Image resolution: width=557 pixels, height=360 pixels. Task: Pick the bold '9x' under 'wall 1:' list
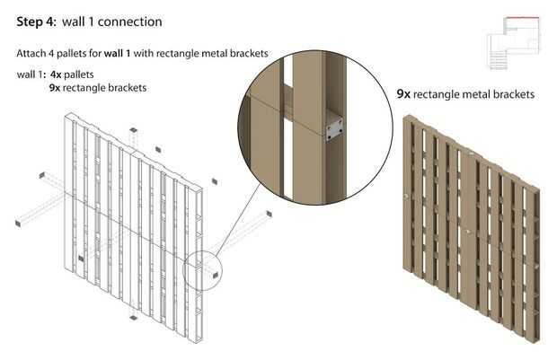[x=57, y=88]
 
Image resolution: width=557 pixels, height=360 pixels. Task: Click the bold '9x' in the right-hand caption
[x=403, y=93]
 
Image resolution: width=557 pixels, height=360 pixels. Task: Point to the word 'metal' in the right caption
[x=479, y=93]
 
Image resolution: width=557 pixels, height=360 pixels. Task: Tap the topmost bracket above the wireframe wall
[x=132, y=129]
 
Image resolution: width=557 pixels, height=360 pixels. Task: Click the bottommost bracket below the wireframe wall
[x=133, y=316]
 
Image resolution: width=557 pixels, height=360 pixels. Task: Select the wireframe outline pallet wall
[x=135, y=224]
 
